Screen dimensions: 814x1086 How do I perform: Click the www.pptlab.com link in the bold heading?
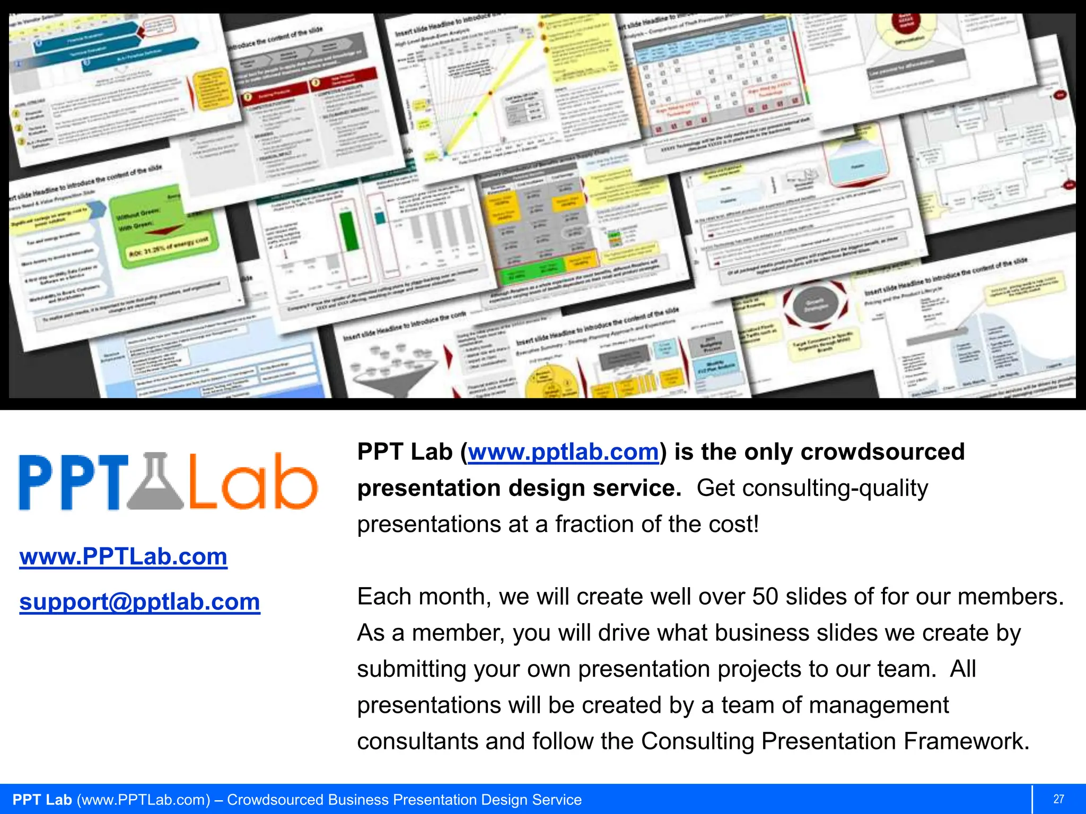click(x=563, y=452)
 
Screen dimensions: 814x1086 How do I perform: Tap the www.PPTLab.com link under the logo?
click(x=123, y=556)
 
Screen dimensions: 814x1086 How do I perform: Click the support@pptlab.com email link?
click(x=139, y=601)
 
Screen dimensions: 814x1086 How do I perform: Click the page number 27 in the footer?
click(x=1058, y=799)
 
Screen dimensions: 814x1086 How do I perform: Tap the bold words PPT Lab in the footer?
click(x=42, y=800)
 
